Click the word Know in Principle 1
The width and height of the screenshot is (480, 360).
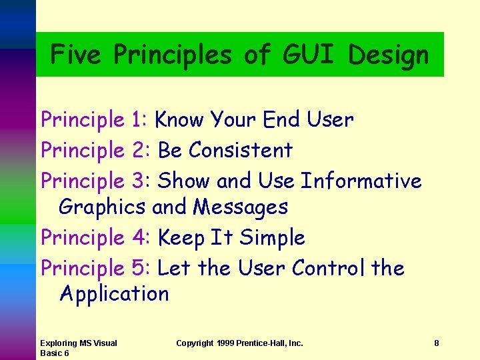click(179, 120)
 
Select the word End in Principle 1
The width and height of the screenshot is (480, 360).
click(282, 120)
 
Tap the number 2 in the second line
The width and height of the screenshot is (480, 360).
click(139, 151)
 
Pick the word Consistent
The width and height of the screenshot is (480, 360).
click(241, 151)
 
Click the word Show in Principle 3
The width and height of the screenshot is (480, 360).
click(183, 181)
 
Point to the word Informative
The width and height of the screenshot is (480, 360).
click(361, 181)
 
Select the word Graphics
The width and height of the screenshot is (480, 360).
click(102, 208)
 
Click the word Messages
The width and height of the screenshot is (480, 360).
click(240, 207)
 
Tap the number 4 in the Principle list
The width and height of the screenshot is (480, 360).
click(139, 237)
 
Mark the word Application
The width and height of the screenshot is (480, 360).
click(114, 295)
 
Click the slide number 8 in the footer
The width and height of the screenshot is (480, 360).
click(436, 343)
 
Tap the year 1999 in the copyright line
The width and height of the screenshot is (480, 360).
click(227, 343)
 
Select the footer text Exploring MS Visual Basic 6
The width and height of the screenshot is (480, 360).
click(78, 348)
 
